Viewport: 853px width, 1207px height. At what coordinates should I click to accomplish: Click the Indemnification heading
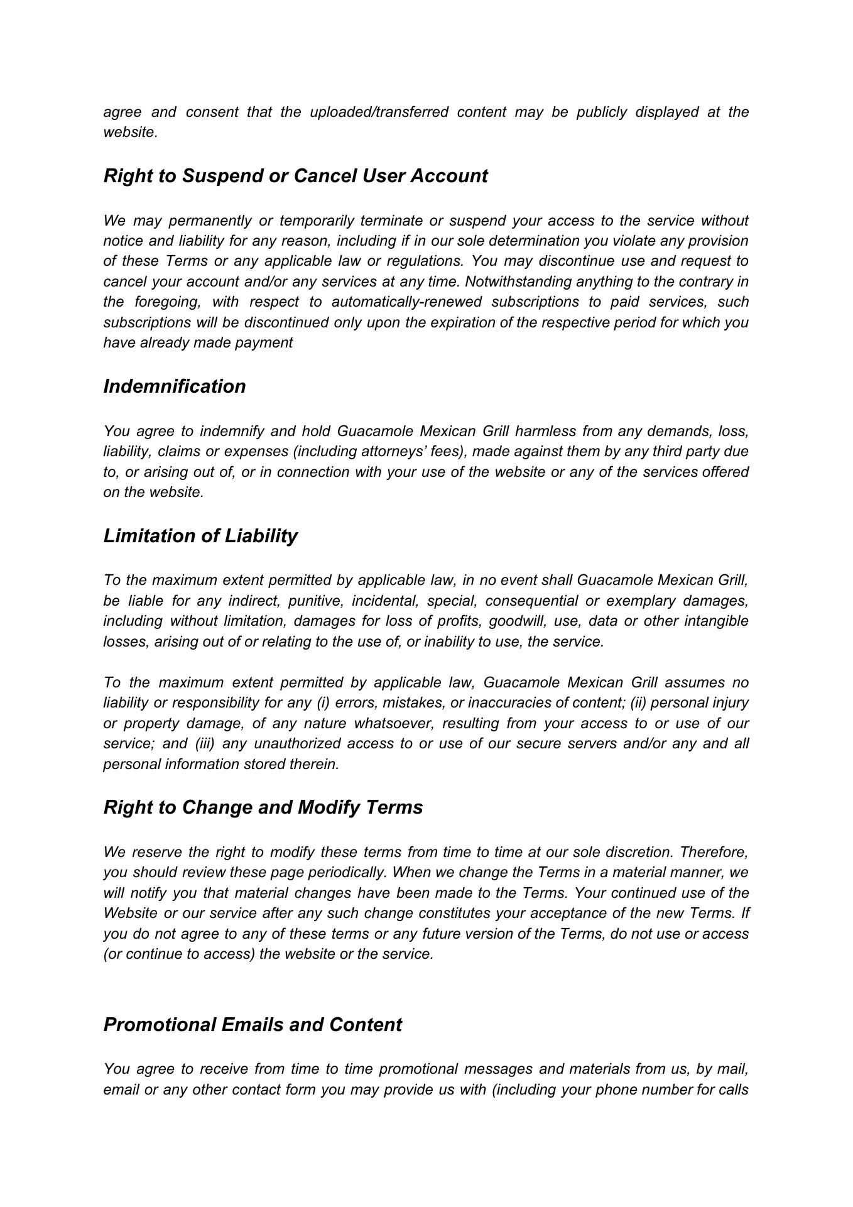tap(175, 386)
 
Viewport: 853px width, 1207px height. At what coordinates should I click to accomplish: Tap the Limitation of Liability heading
tap(200, 536)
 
